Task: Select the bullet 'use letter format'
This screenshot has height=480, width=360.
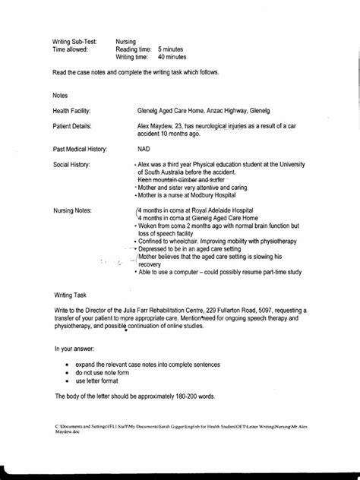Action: pos(99,382)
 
